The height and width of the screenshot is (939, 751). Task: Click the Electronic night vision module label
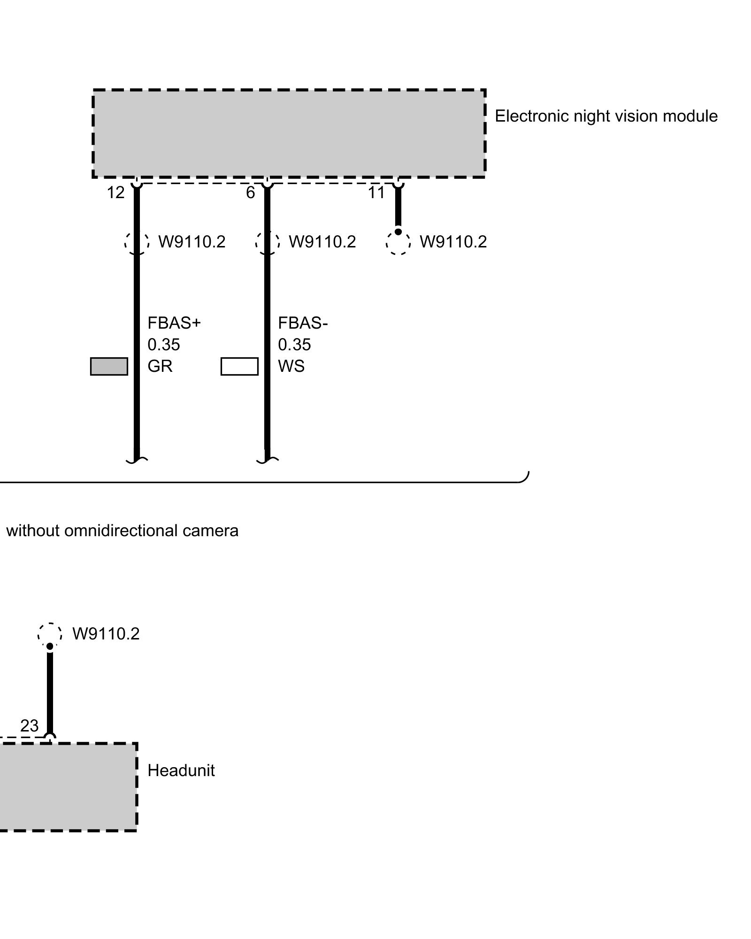606,116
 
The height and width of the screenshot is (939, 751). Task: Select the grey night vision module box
289,133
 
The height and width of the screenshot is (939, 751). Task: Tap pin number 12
115,192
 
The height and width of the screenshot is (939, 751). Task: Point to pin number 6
251,192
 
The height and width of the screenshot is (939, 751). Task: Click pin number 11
376,192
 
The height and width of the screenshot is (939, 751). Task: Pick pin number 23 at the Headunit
29,726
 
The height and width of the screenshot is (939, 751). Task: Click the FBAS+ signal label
174,323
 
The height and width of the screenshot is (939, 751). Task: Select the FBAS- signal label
303,323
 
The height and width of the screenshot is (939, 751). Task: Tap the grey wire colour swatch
109,366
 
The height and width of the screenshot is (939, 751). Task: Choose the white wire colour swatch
239,366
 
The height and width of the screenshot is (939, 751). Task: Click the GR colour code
160,366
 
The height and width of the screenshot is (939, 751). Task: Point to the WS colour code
291,366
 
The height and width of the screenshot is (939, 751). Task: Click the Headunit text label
181,770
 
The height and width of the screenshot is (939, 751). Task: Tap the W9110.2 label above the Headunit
106,634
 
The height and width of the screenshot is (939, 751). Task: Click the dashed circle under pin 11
398,243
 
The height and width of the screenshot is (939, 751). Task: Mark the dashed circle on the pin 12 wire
137,243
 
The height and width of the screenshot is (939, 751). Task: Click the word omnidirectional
122,531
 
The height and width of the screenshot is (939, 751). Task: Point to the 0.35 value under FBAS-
294,345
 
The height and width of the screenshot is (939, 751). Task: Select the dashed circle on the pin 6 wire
268,243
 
